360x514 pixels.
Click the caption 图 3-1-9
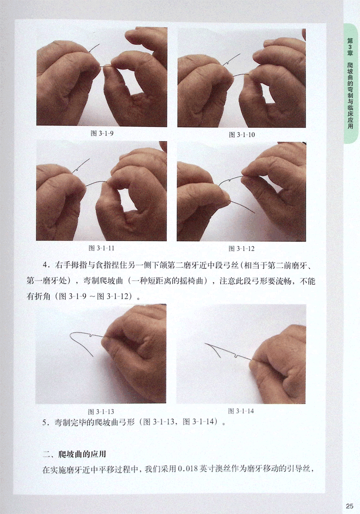[x=102, y=133]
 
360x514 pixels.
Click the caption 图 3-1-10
[x=242, y=135]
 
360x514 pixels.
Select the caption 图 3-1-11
[x=101, y=248]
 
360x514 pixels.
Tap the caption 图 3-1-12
[x=241, y=249]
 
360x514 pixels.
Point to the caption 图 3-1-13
[x=101, y=412]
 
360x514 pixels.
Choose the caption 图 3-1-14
[x=241, y=411]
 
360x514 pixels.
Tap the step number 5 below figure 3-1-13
[x=44, y=422]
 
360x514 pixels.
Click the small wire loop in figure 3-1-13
[x=92, y=335]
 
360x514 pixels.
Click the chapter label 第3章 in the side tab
[x=350, y=47]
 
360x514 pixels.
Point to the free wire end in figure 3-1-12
[x=254, y=213]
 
